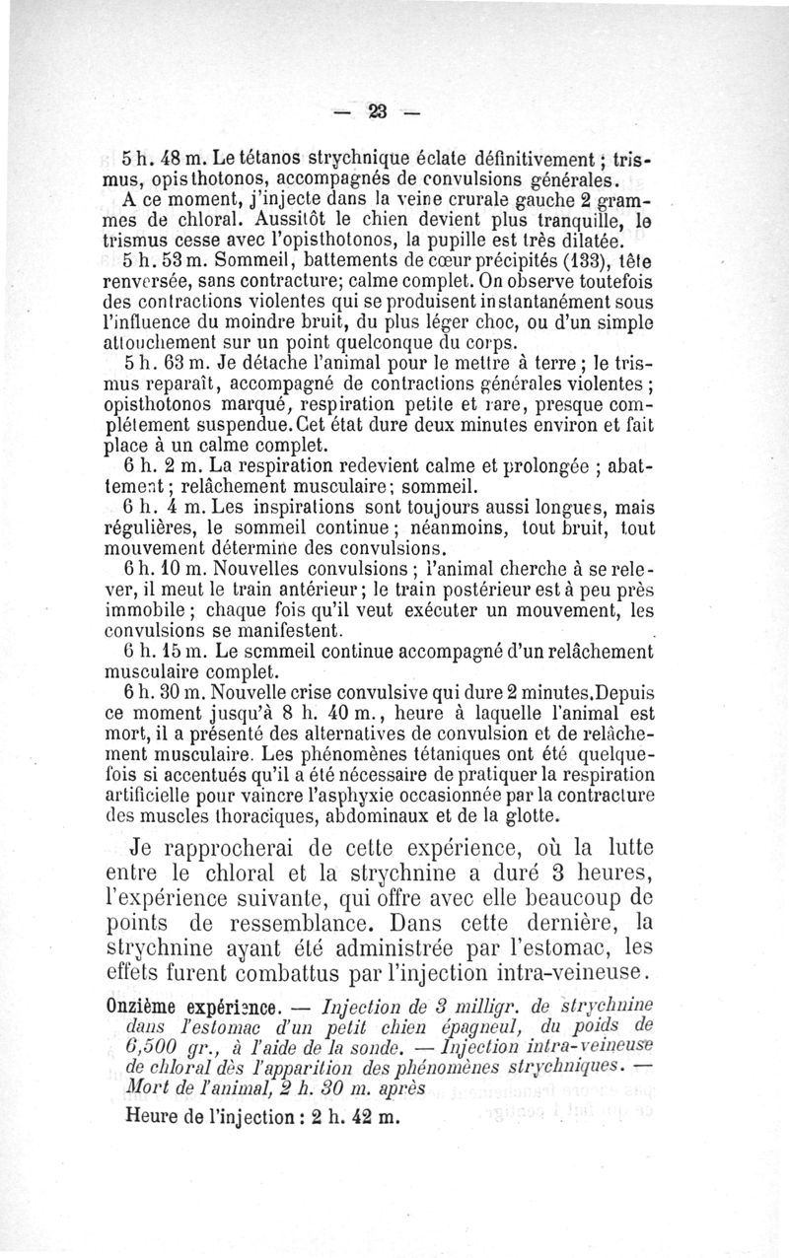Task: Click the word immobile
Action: pos(137,609)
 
